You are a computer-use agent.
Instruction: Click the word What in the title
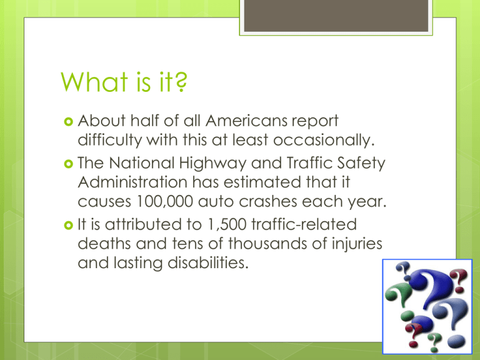[x=94, y=82]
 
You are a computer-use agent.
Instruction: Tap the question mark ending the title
[x=181, y=82]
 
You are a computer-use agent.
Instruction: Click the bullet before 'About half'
[x=69, y=121]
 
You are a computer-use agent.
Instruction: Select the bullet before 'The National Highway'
[x=69, y=164]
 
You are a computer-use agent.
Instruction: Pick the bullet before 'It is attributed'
[x=69, y=226]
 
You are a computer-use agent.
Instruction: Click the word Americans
[x=246, y=121]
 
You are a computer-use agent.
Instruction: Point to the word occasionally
[x=324, y=140]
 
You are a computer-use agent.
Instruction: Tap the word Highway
[x=212, y=164]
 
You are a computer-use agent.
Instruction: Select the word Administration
[x=132, y=182]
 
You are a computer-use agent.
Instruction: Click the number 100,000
[x=165, y=202]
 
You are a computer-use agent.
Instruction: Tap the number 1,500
[x=227, y=224]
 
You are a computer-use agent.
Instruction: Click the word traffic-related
[x=304, y=224]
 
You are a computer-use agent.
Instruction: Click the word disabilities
[x=208, y=263]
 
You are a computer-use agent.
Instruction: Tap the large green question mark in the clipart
[x=397, y=294]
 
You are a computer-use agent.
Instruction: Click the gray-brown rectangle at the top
[x=336, y=15]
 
